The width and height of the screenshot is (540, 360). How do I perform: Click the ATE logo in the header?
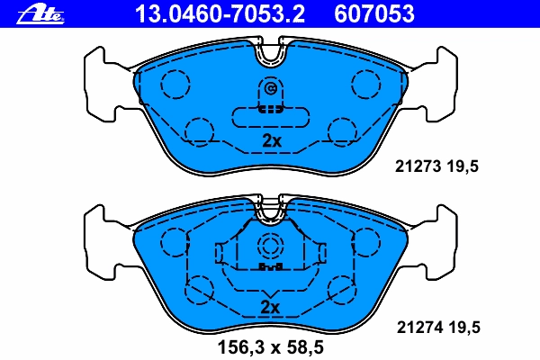point(40,14)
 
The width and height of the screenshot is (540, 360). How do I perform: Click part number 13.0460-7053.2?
point(220,14)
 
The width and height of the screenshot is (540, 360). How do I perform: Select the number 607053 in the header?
point(374,14)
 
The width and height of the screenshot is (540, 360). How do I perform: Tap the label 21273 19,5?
point(436,166)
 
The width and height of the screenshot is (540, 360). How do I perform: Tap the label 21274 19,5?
point(438,328)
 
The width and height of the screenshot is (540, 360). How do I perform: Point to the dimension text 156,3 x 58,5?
point(271,347)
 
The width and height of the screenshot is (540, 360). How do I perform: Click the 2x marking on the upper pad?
point(272,140)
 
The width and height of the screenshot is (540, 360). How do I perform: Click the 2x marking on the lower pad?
point(270,307)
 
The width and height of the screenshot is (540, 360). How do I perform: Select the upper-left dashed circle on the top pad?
point(175,84)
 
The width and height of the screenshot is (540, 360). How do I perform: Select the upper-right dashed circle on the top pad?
point(366,84)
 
